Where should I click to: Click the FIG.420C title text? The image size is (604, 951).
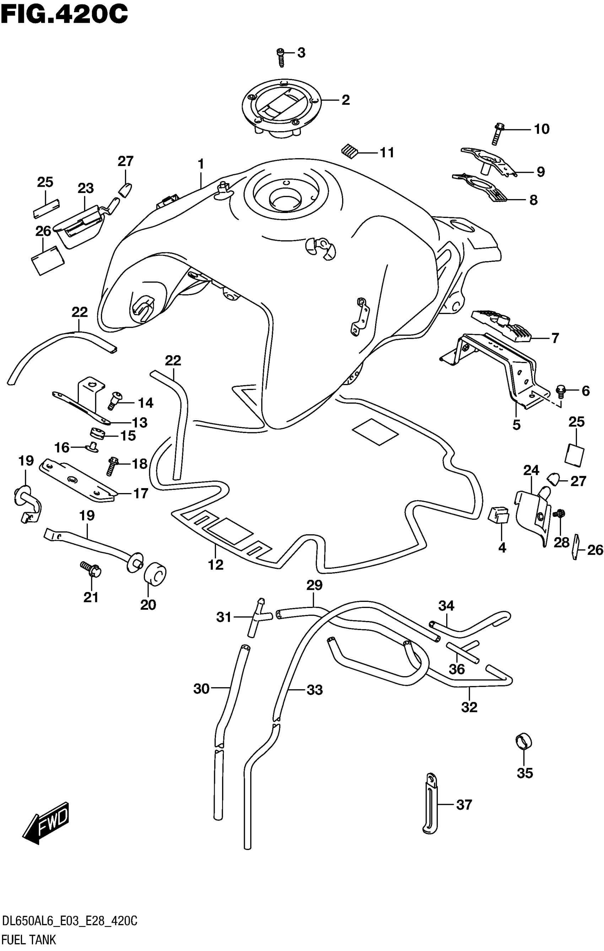pos(64,15)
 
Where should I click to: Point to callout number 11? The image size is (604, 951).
pos(387,153)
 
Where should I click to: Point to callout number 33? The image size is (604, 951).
pos(315,690)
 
